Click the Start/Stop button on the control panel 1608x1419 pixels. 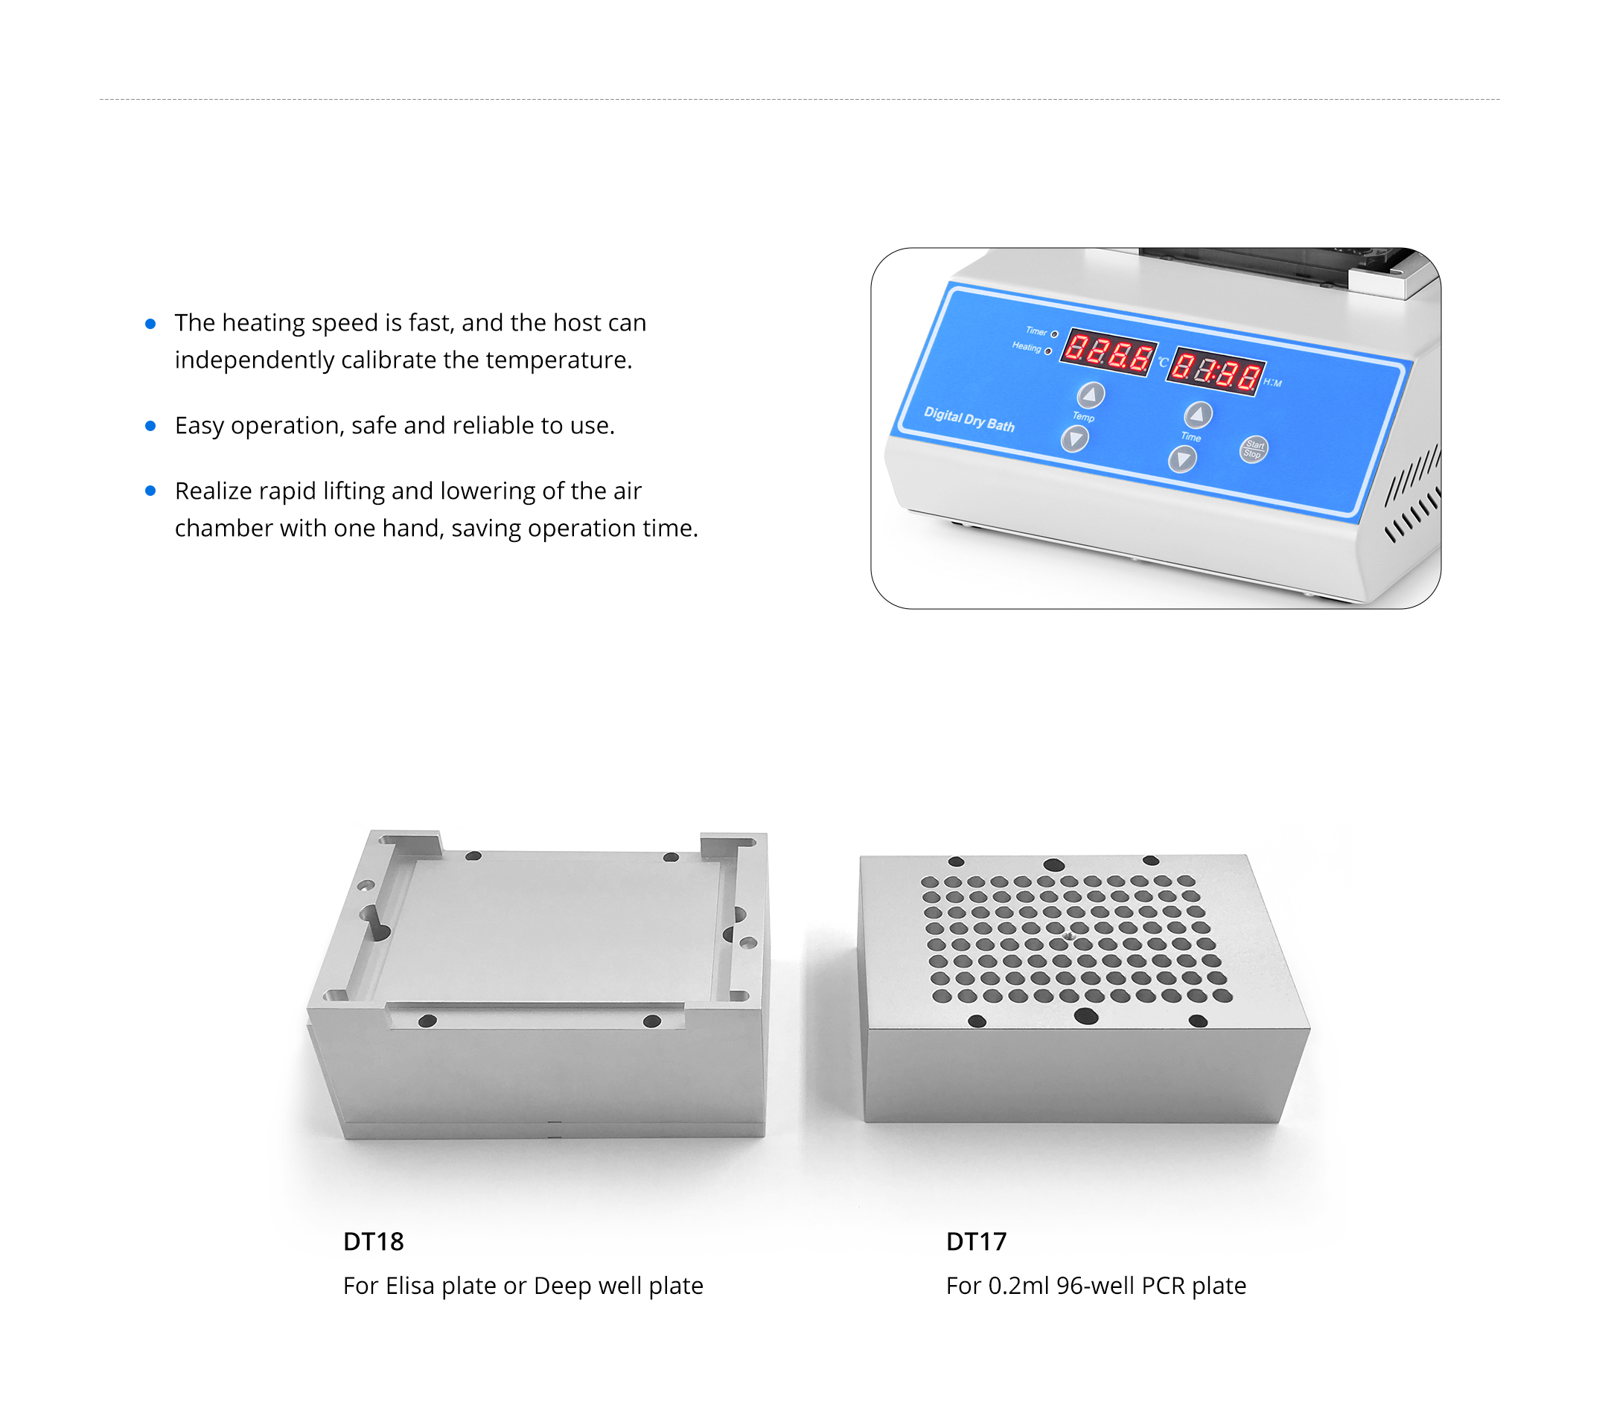(x=1253, y=449)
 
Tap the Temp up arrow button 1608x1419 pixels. (x=1091, y=395)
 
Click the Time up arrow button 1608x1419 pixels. (x=1198, y=415)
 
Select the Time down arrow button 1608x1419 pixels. (x=1182, y=459)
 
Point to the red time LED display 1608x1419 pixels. (x=1216, y=372)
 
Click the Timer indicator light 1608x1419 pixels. (x=1054, y=334)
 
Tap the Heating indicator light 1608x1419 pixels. (x=1048, y=351)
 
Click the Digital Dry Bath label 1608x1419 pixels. (x=969, y=419)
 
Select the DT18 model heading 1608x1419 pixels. (x=374, y=1241)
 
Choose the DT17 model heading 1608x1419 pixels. (x=976, y=1241)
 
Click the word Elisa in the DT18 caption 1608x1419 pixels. (x=410, y=1285)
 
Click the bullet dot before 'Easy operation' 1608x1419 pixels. (x=150, y=426)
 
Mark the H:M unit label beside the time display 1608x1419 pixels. (x=1273, y=383)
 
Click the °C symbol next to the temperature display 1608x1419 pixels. (x=1163, y=363)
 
